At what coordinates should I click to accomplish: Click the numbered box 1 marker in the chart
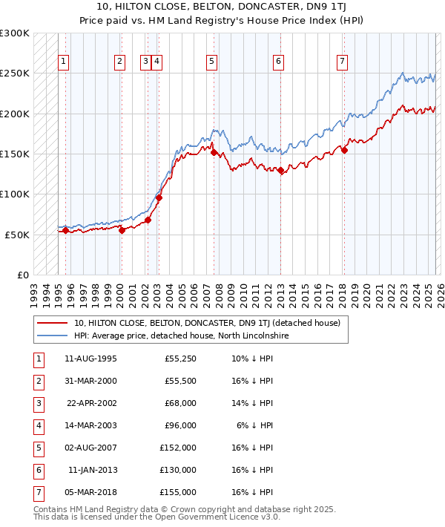pyautogui.click(x=65, y=62)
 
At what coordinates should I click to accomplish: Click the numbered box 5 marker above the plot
pyautogui.click(x=212, y=62)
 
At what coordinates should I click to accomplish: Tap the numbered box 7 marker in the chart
pyautogui.click(x=342, y=62)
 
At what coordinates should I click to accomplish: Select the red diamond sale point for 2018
pyautogui.click(x=344, y=150)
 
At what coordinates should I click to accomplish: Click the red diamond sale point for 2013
pyautogui.click(x=281, y=170)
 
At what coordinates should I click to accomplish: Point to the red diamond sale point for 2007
pyautogui.click(x=214, y=153)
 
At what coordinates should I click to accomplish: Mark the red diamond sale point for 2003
pyautogui.click(x=159, y=197)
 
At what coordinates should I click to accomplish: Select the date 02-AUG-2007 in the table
pyautogui.click(x=91, y=448)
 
